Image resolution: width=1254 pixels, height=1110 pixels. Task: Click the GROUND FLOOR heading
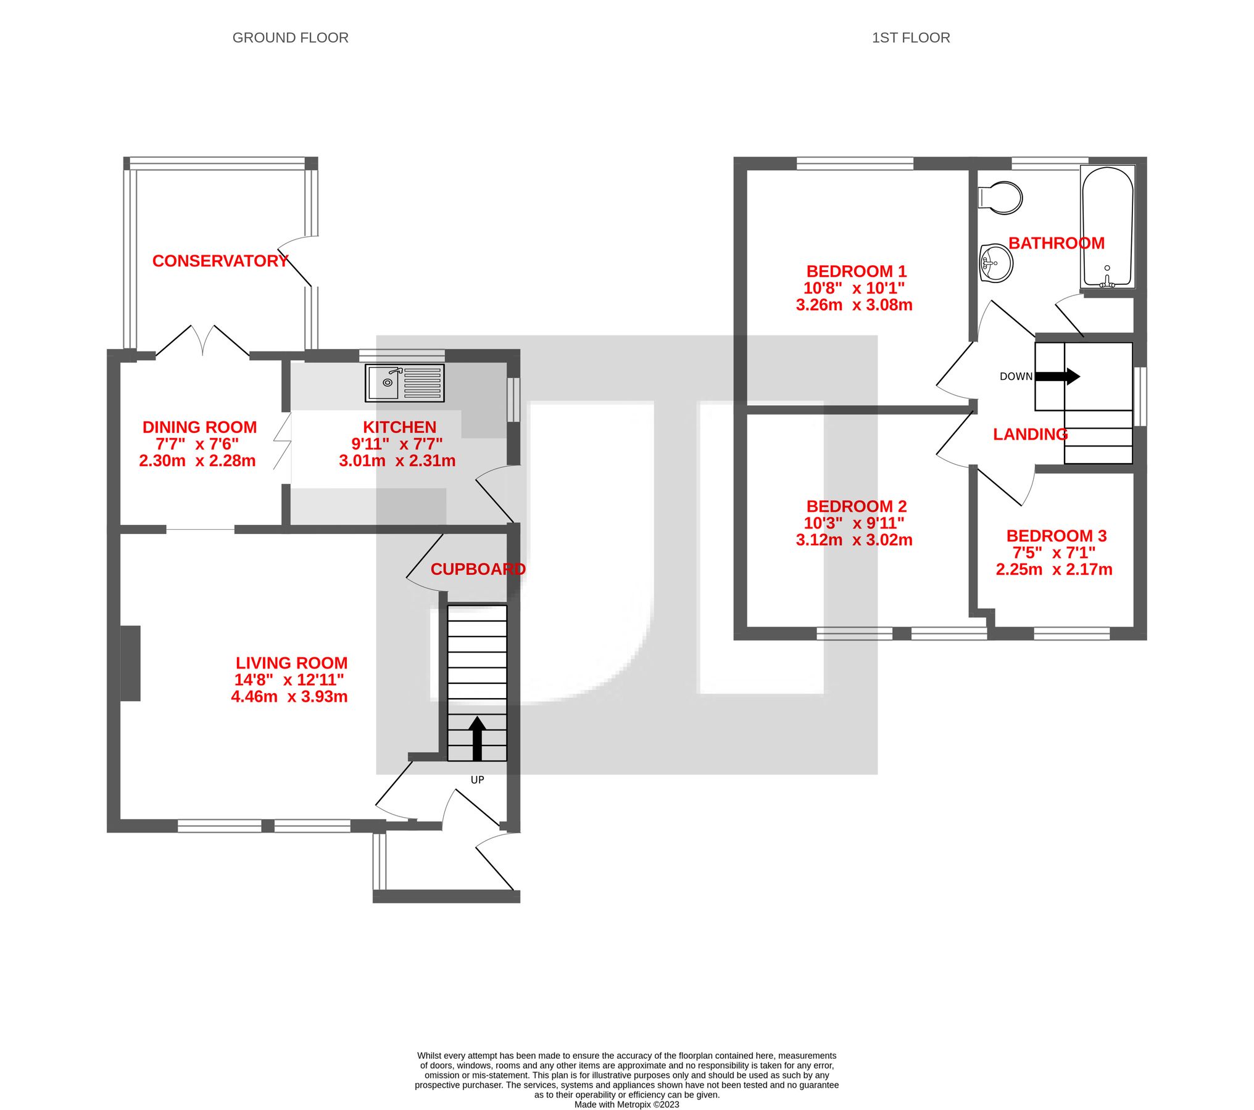290,38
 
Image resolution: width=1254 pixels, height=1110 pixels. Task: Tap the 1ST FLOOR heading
910,38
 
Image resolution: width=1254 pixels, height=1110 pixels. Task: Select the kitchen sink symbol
404,383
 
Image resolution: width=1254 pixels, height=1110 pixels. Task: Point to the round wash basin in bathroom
995,264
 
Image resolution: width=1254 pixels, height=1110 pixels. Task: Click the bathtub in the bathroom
1107,227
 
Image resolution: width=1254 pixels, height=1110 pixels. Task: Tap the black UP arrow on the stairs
477,738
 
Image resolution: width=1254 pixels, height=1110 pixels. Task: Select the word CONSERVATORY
220,261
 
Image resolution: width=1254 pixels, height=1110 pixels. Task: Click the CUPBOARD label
478,569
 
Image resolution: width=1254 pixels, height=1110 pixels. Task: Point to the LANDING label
1030,434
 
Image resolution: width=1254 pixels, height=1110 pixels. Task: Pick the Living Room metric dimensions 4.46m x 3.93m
289,697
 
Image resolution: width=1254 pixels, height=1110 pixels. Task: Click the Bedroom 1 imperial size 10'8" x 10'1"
854,288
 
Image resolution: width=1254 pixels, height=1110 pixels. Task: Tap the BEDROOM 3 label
1056,536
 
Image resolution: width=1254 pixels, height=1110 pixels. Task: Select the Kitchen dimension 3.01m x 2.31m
397,461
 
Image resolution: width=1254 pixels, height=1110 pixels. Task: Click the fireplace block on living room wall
130,664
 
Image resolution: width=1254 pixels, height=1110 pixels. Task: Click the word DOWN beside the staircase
1016,376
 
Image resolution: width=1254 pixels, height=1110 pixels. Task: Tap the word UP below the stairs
477,779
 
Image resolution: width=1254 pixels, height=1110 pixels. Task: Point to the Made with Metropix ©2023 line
626,1104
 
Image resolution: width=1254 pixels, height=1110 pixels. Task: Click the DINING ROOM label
199,427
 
